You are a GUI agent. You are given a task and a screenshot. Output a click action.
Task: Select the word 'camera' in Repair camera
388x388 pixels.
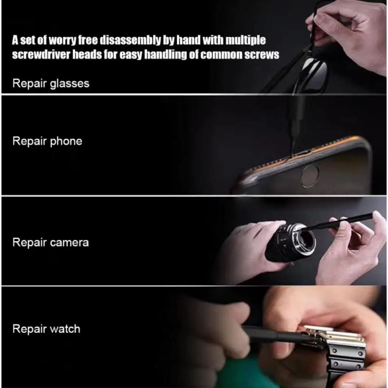tap(69, 242)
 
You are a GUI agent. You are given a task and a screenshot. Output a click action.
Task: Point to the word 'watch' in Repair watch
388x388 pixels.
tap(65, 329)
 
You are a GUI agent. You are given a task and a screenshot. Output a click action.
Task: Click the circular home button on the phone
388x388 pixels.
tap(310, 176)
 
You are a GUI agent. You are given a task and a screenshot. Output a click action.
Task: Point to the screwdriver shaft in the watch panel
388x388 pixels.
tap(272, 335)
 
